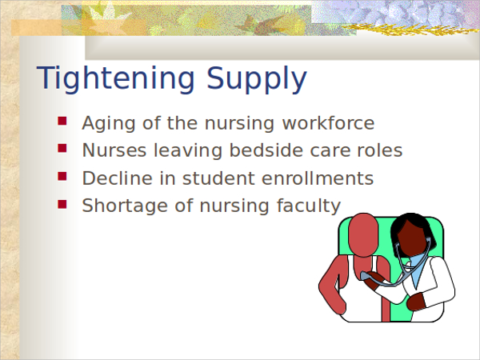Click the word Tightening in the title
(x=116, y=78)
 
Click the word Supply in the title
(x=257, y=78)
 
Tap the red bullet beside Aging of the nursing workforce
(x=62, y=121)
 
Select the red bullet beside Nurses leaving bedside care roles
(x=62, y=148)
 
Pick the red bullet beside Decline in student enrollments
(x=62, y=176)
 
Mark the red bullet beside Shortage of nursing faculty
(x=62, y=204)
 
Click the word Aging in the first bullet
(x=109, y=124)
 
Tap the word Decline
(x=118, y=178)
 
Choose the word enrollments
(x=318, y=178)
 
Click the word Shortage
(x=125, y=206)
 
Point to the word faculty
(x=309, y=206)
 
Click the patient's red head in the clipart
(x=363, y=234)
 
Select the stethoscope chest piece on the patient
(x=368, y=277)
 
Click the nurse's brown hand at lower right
(x=416, y=302)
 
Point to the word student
(x=218, y=178)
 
